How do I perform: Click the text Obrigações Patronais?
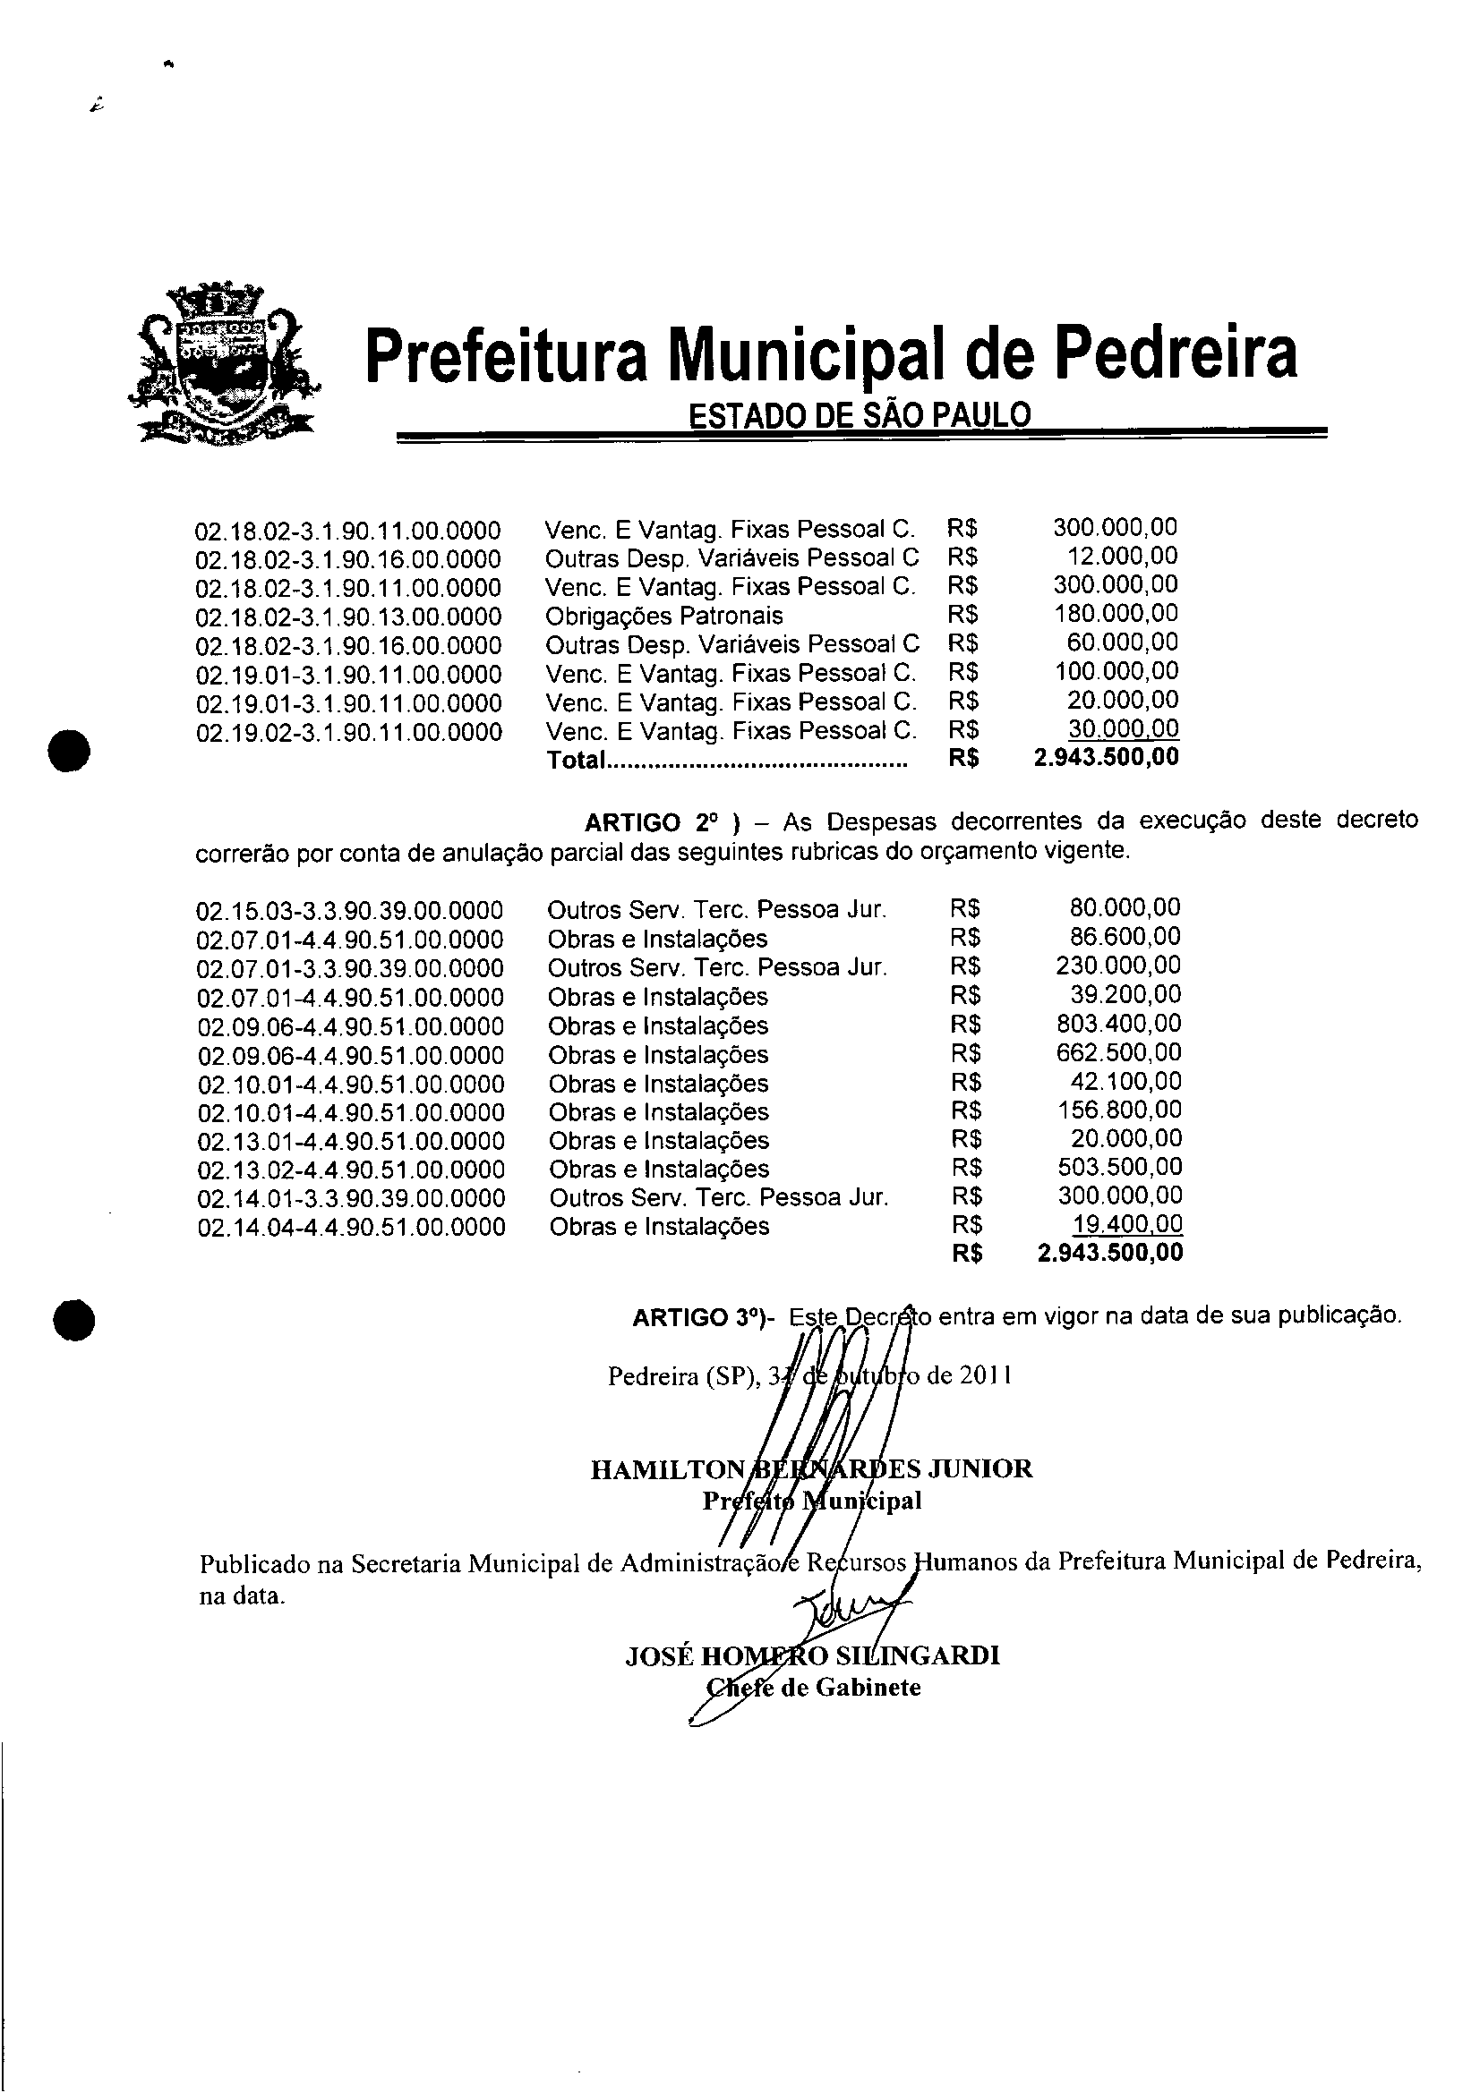663,617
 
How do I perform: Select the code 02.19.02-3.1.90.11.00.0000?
348,733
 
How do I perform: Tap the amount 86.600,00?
1125,937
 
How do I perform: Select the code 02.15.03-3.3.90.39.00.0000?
350,911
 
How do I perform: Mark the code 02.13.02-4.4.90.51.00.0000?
351,1170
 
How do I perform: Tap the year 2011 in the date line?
984,1375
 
